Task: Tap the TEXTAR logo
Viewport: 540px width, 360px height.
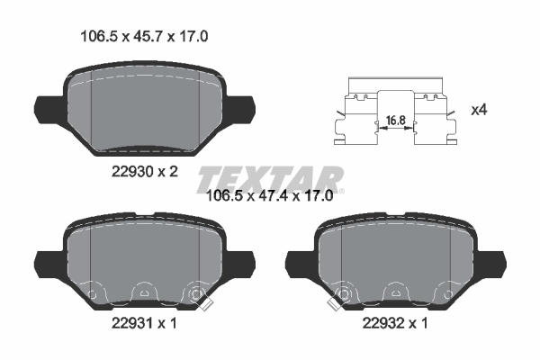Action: pos(269,175)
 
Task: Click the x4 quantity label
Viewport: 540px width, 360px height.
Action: pos(481,110)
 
